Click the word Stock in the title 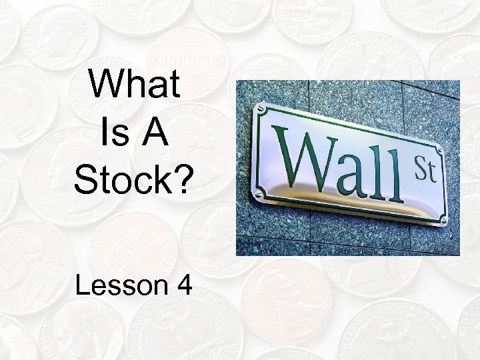pos(126,181)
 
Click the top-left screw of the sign pos(260,109)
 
